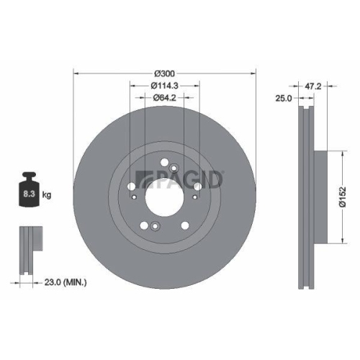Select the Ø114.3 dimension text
pyautogui.click(x=165, y=86)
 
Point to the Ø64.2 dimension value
pyautogui.click(x=165, y=99)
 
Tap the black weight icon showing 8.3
pyautogui.click(x=29, y=191)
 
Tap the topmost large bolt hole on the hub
pyautogui.click(x=165, y=162)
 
